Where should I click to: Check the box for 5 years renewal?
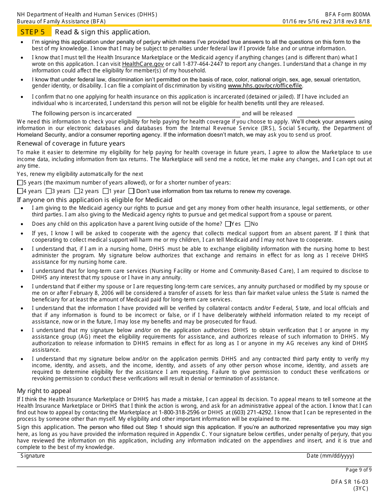tap(20, 183)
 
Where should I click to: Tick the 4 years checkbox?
tap(20, 191)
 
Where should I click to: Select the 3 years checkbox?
tap(49, 191)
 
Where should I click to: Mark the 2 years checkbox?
tap(77, 191)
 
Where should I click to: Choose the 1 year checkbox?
tap(106, 191)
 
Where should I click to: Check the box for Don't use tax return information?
tap(131, 191)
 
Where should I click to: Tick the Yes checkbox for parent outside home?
tap(228, 224)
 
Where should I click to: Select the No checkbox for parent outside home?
tap(247, 224)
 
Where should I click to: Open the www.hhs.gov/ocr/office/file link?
tap(265, 86)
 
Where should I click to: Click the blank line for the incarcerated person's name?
tap(188, 114)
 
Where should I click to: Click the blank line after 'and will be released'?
tap(326, 114)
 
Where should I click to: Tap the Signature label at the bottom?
tap(33, 456)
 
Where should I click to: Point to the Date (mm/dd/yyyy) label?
tap(330, 456)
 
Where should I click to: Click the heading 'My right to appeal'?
tap(44, 391)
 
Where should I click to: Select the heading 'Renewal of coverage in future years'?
tap(71, 144)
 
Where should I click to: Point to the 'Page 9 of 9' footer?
tap(359, 470)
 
